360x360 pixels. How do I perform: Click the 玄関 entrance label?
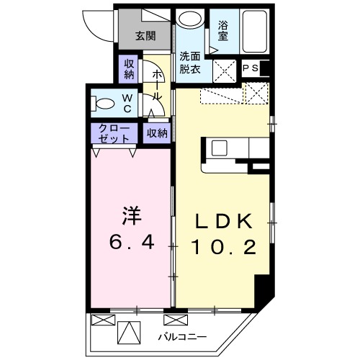tap(145, 36)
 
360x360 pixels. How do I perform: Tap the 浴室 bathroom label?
tap(223, 30)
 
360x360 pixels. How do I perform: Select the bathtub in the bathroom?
tap(254, 31)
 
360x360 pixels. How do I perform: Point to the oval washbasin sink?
tap(191, 19)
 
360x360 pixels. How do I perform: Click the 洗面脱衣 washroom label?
tap(190, 63)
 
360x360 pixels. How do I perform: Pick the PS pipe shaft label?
tap(251, 68)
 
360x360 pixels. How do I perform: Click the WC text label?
tap(127, 104)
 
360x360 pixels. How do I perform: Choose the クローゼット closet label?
tap(114, 133)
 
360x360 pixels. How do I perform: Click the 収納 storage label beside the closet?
tap(157, 133)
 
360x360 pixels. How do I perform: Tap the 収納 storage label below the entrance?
tap(129, 69)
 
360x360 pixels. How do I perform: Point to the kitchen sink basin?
tap(219, 148)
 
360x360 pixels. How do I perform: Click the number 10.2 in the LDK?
tap(224, 247)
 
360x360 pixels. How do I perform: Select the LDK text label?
tap(224, 221)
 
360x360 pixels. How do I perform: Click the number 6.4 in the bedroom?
tap(132, 243)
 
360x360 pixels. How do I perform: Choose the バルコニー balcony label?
tap(182, 337)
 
